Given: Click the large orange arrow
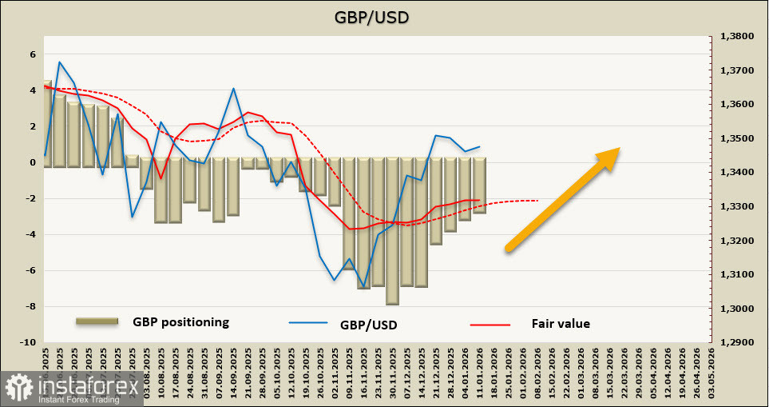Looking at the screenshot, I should pos(563,199).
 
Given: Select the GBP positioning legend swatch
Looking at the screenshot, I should pos(97,321).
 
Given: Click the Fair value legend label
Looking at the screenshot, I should pos(561,324).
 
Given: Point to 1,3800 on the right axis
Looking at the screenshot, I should pos(738,37).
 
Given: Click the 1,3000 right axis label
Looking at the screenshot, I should pos(738,309).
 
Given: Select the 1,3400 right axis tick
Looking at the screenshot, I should pos(738,173).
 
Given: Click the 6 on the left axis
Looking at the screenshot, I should pos(33,54).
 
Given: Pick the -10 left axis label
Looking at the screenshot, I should pos(29,342).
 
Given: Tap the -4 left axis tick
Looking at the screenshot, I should pos(30,234).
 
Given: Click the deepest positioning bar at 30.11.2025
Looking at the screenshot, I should pos(392,232).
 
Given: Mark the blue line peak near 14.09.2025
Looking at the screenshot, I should pos(233,89).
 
